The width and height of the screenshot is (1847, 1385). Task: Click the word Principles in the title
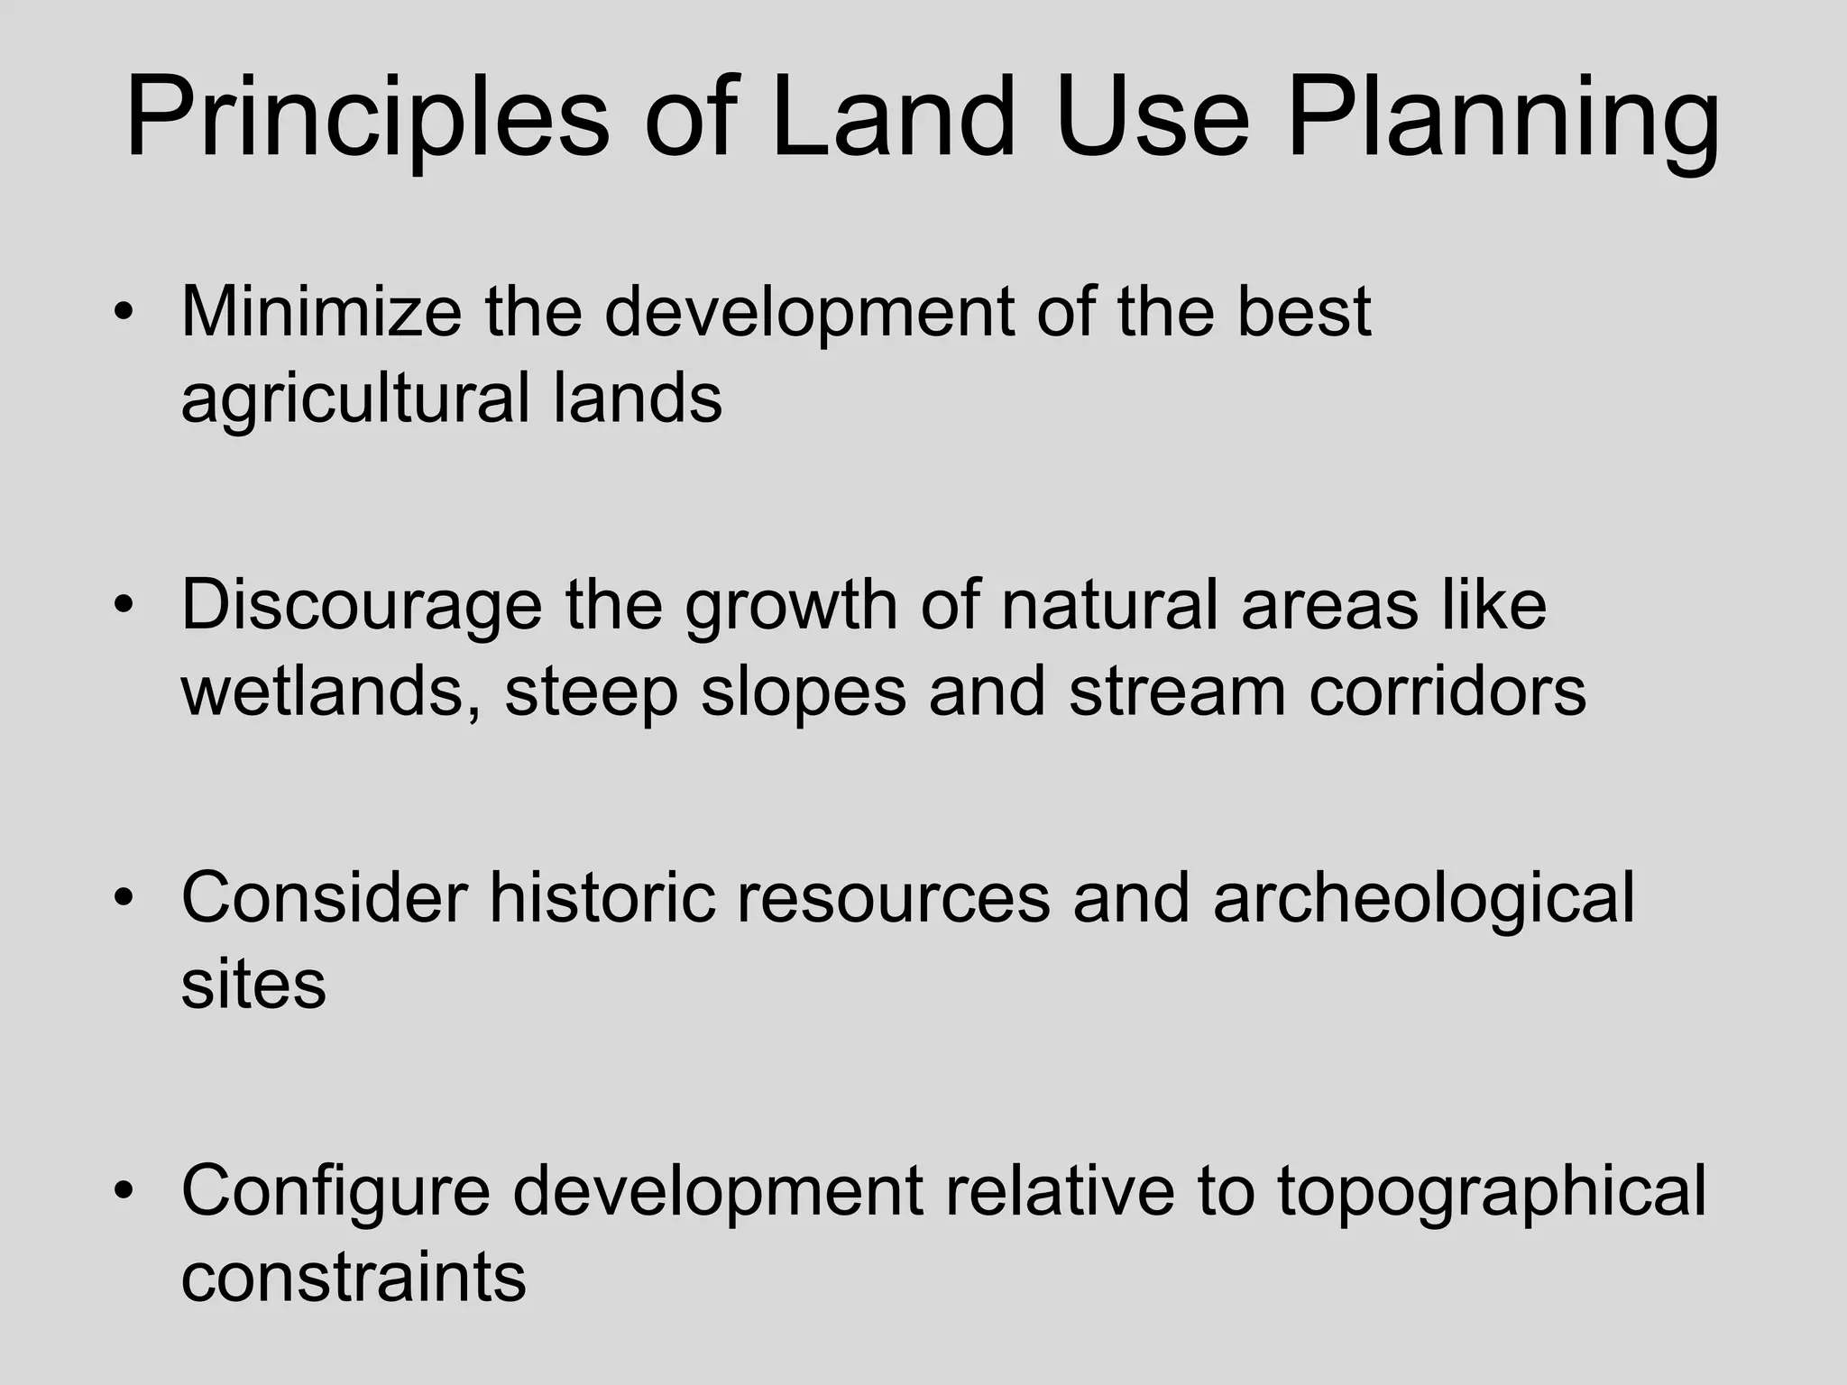click(367, 119)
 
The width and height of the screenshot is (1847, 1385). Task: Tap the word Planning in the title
click(1502, 119)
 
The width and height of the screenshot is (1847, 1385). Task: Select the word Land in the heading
click(892, 119)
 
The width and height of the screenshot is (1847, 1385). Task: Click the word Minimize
click(321, 311)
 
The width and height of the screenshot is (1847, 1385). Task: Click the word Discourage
click(361, 604)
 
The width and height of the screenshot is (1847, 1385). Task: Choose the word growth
click(790, 604)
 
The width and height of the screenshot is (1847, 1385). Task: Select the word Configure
click(335, 1190)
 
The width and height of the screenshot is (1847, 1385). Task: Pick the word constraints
click(353, 1277)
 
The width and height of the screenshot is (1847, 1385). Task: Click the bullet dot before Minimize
click(124, 312)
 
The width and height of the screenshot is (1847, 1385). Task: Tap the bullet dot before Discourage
click(124, 605)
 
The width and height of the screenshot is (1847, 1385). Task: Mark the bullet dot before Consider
click(124, 898)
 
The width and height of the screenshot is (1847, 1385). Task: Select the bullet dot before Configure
click(124, 1191)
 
